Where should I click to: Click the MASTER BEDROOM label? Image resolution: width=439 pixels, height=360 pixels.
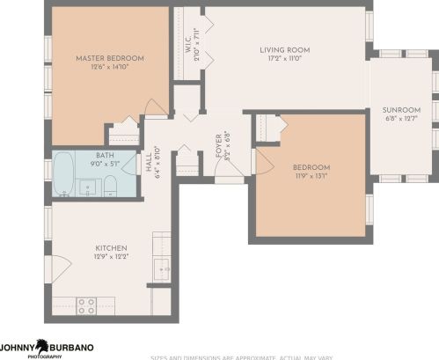coord(110,58)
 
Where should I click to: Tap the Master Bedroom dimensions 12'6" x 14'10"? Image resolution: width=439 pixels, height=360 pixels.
coord(110,68)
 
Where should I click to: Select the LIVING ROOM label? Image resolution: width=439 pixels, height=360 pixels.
coord(282,50)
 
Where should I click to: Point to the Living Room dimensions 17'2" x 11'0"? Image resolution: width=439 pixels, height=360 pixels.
coord(282,59)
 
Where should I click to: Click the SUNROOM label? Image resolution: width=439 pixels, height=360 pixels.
coord(400,110)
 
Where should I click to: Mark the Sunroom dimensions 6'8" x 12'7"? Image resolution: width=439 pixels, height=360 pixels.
coord(400,120)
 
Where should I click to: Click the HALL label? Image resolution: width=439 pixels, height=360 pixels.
coord(148,163)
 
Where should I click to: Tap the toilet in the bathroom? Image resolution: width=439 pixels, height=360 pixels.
coord(111,186)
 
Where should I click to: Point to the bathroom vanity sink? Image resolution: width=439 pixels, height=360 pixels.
coord(88,187)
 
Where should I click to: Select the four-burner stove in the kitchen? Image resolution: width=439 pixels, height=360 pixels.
coord(86,306)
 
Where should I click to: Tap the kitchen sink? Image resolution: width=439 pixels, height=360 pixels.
coord(161,268)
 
